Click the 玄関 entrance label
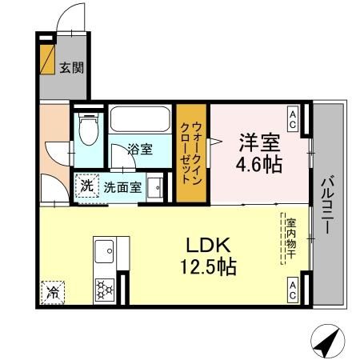[70, 68]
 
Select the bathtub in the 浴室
[140, 122]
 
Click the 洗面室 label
[122, 188]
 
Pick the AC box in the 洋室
[294, 119]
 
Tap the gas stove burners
[104, 286]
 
